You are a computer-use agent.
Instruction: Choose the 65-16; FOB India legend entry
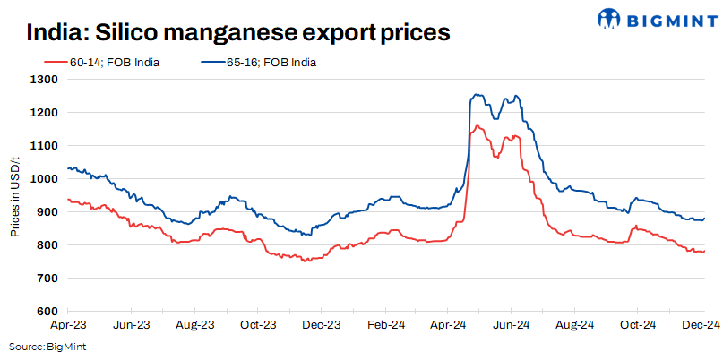269,62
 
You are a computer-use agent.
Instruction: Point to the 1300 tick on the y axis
46,79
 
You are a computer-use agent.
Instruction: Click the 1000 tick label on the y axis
46,178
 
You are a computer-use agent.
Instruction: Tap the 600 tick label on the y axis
48,311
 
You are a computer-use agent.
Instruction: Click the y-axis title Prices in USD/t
15,195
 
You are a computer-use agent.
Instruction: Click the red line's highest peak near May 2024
477,125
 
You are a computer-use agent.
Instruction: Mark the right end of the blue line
704,219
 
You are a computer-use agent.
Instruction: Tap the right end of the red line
704,252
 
